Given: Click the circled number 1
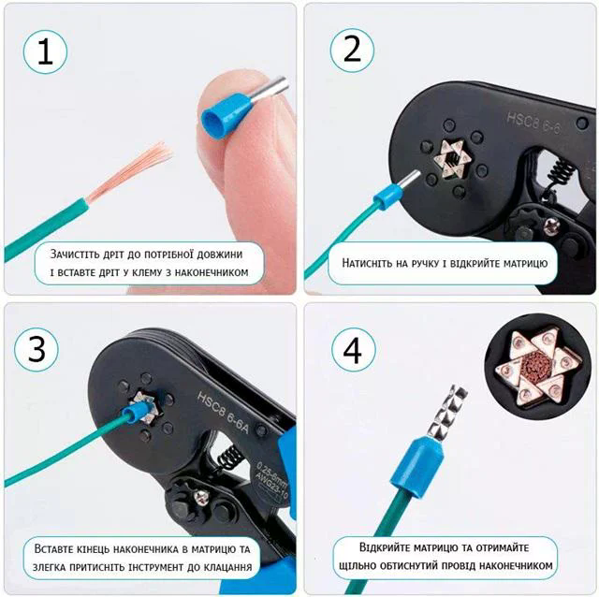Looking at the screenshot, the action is point(45,51).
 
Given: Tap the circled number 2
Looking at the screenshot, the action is point(352,50).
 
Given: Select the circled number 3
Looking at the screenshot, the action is point(37,349).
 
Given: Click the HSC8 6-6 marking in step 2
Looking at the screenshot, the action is point(533,124).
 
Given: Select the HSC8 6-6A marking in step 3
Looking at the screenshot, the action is point(223,412).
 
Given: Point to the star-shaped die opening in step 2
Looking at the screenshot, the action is point(453,158).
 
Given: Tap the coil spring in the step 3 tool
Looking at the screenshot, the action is point(229,459).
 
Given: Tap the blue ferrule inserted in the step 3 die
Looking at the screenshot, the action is point(134,415).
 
